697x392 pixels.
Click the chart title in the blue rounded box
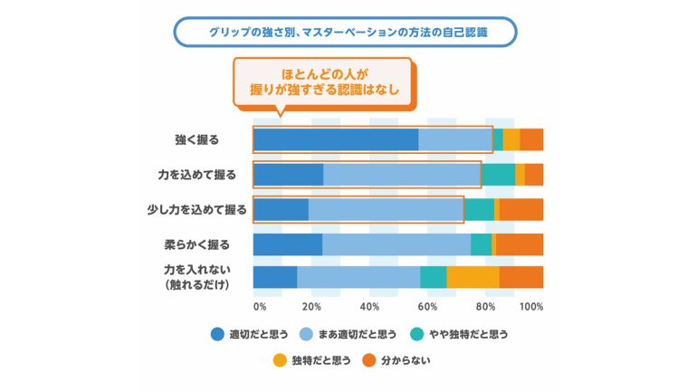pyautogui.click(x=348, y=33)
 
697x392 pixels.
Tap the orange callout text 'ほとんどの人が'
pyautogui.click(x=324, y=74)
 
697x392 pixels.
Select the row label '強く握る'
pyautogui.click(x=197, y=140)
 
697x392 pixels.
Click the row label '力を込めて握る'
pyautogui.click(x=197, y=175)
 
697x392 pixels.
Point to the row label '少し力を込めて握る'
pyautogui.click(x=197, y=210)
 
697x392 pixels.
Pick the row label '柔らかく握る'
pyautogui.click(x=197, y=244)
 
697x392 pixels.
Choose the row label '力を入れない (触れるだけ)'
pyautogui.click(x=197, y=277)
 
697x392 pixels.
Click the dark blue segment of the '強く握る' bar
pyautogui.click(x=336, y=140)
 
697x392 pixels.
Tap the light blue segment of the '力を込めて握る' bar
pyautogui.click(x=402, y=175)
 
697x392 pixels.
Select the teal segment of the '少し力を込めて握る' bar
pyautogui.click(x=479, y=210)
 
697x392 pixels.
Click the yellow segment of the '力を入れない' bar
pyautogui.click(x=473, y=277)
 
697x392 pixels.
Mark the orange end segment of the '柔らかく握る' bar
pyautogui.click(x=520, y=244)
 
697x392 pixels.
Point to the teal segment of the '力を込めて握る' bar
pyautogui.click(x=498, y=175)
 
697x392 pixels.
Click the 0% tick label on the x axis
pyautogui.click(x=260, y=307)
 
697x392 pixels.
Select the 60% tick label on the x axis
pyautogui.click(x=427, y=307)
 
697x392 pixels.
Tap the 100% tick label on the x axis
pyautogui.click(x=531, y=307)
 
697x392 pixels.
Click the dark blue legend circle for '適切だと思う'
pyautogui.click(x=217, y=334)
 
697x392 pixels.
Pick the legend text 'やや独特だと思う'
pyautogui.click(x=469, y=334)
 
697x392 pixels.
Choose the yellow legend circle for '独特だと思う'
pyautogui.click(x=280, y=360)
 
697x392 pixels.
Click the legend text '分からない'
pyautogui.click(x=406, y=360)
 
